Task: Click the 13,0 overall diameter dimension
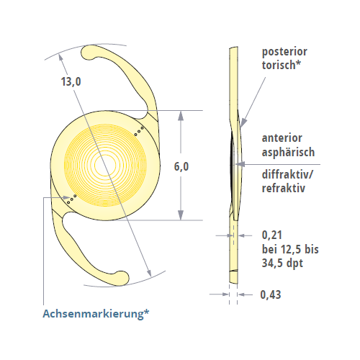(x=71, y=81)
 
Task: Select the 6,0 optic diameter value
(x=181, y=166)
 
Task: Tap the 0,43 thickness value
(x=271, y=294)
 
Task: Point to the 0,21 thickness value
(x=272, y=235)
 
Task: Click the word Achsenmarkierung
(x=94, y=313)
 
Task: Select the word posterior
(x=284, y=52)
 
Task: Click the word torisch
(x=279, y=65)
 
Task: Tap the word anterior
(x=282, y=138)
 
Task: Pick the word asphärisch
(x=288, y=152)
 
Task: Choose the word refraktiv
(x=284, y=188)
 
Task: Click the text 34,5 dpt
(x=282, y=263)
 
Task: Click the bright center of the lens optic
(x=105, y=165)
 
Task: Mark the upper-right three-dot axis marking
(x=139, y=131)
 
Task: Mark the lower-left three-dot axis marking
(x=72, y=199)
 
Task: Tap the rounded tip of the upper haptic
(x=89, y=53)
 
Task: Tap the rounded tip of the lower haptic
(x=122, y=279)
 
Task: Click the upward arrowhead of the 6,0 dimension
(x=181, y=115)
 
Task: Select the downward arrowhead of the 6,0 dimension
(x=181, y=215)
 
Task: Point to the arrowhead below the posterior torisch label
(x=243, y=122)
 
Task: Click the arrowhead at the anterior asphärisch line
(x=240, y=164)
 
